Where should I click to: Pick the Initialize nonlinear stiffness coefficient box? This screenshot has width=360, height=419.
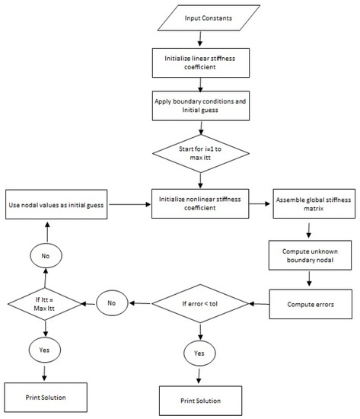199,203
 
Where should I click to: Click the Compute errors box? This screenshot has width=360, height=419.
309,304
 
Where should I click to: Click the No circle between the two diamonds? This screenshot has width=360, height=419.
111,304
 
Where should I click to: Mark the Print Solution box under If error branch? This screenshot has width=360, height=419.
201,400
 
